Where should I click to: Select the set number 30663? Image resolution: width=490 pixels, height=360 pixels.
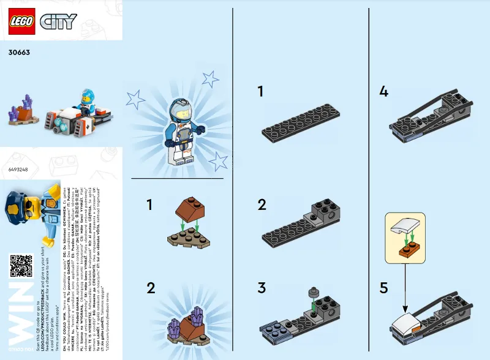pyautogui.click(x=20, y=53)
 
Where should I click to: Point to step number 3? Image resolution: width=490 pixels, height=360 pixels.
pyautogui.click(x=262, y=288)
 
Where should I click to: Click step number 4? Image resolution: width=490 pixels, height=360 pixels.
pyautogui.click(x=383, y=92)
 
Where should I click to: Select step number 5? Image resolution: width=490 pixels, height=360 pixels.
pyautogui.click(x=383, y=288)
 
